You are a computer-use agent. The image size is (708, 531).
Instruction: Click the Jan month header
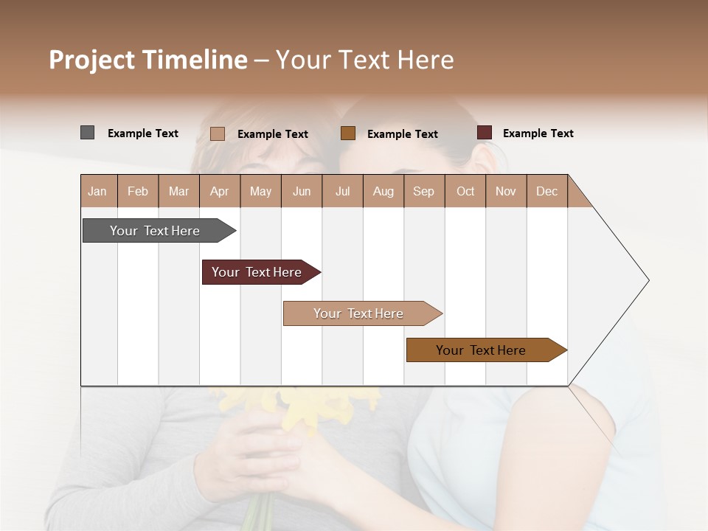(x=98, y=191)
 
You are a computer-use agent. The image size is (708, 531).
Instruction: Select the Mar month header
(x=178, y=191)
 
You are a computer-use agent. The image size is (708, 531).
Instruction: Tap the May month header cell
(x=260, y=191)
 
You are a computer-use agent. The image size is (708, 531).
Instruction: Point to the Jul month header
(x=342, y=191)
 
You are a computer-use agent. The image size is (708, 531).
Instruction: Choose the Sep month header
(x=423, y=191)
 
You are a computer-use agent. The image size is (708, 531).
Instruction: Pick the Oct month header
(x=465, y=191)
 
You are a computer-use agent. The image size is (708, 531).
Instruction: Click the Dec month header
(x=546, y=191)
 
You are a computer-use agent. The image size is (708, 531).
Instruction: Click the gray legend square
(x=87, y=133)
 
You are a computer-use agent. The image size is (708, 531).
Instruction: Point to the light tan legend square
(x=217, y=133)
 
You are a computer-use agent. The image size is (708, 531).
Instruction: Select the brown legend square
(x=348, y=133)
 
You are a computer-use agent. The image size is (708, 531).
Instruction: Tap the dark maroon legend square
(x=484, y=133)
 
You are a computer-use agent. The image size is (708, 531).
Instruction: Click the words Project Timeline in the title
(x=148, y=60)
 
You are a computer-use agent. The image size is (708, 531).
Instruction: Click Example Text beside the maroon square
(x=538, y=133)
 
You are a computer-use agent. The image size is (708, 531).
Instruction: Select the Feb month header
(x=138, y=191)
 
